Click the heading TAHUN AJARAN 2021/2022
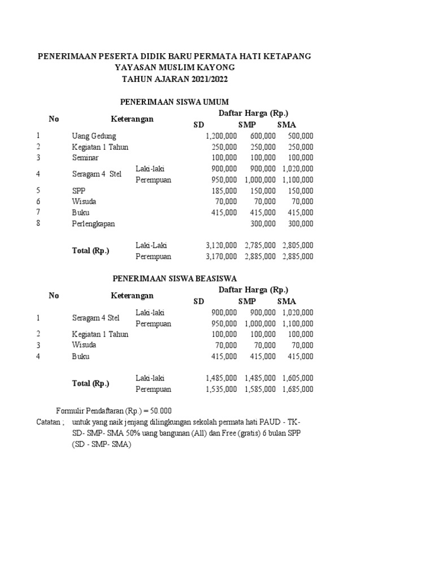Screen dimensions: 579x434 click(175, 79)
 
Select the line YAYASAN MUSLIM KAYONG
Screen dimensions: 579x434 click(175, 68)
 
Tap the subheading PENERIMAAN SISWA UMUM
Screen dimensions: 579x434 click(175, 102)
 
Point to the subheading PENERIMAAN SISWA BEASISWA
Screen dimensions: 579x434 click(175, 279)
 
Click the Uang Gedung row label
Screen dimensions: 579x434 click(94, 136)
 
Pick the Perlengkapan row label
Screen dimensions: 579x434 click(93, 224)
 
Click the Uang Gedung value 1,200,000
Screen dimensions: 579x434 click(221, 136)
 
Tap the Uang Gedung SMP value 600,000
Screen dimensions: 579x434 click(262, 136)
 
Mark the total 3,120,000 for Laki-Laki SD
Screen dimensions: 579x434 click(221, 245)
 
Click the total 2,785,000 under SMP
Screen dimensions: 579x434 click(260, 245)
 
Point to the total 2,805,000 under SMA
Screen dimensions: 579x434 click(298, 245)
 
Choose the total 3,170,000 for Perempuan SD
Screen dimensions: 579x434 click(221, 257)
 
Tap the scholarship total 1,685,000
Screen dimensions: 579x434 click(298, 389)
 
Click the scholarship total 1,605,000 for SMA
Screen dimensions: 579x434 click(298, 378)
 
